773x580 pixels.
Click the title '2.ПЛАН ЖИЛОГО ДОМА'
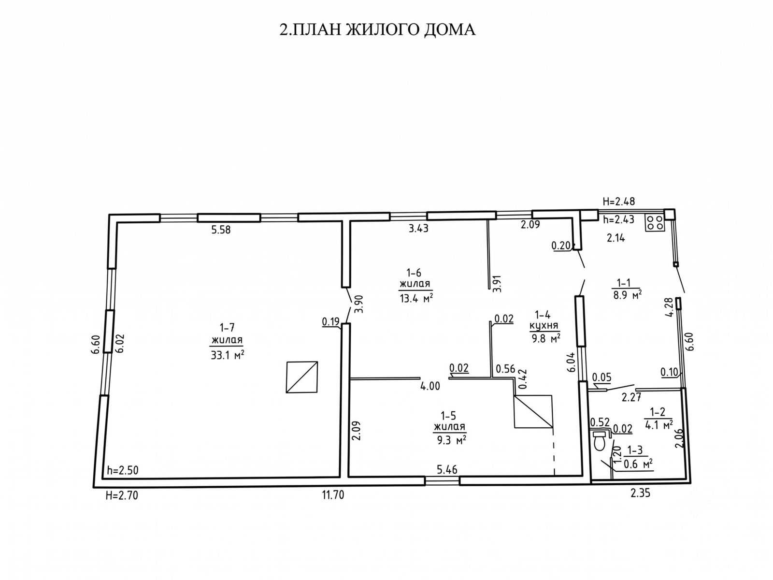[377, 29]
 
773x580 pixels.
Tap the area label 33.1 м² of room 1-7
[228, 355]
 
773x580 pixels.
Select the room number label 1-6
[414, 273]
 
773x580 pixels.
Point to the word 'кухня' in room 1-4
[544, 326]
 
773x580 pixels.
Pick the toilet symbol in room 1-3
[599, 440]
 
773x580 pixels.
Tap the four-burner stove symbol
[655, 222]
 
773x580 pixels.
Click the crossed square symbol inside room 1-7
[302, 377]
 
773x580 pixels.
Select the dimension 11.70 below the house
[333, 495]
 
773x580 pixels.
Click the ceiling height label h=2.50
[123, 470]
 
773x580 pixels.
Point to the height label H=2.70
[122, 495]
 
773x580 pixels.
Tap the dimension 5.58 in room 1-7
[221, 230]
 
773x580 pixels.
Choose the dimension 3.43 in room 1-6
[418, 229]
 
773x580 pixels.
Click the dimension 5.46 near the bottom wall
[447, 469]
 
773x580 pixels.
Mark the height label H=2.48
[619, 202]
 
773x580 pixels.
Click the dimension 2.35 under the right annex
[640, 493]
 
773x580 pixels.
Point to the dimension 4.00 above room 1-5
[430, 386]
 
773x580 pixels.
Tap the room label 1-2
[658, 411]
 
